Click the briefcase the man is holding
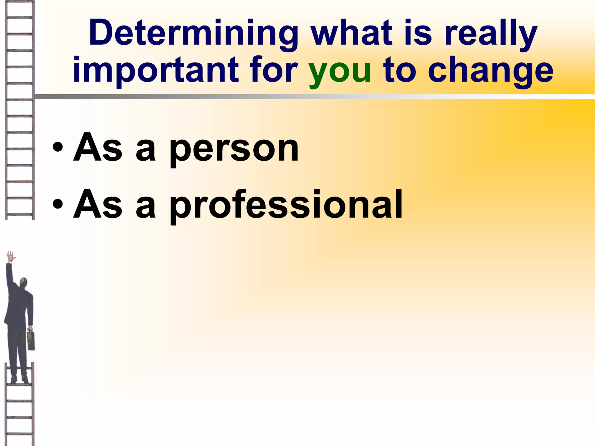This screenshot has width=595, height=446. coord(31,340)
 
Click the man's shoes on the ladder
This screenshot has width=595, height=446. coord(19,379)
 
